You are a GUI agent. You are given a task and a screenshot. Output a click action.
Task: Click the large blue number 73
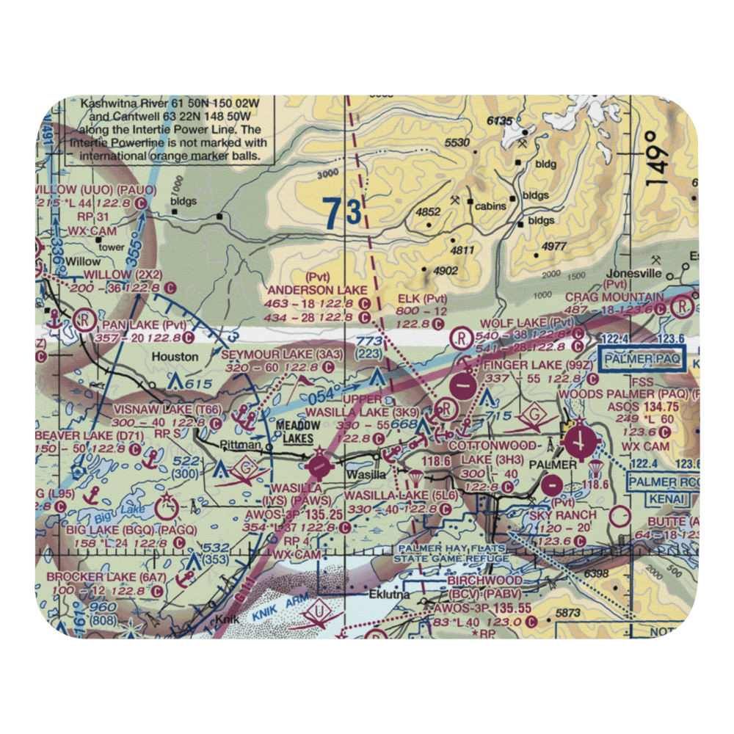coord(343,212)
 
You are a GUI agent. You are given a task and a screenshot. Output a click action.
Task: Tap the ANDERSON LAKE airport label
coord(316,290)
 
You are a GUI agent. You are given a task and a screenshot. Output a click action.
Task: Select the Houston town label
coord(175,357)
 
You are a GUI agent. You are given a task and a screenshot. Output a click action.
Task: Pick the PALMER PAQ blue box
coord(642,359)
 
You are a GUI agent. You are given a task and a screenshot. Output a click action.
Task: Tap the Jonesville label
coord(633,273)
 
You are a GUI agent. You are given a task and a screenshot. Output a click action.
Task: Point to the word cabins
coord(490,206)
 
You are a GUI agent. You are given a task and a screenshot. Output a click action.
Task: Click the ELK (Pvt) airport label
coord(421,299)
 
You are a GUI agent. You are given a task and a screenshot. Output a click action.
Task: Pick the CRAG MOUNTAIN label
coord(614,298)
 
